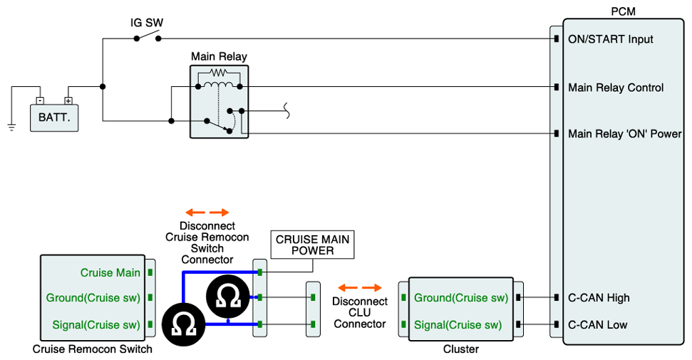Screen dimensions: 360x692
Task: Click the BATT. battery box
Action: [x=54, y=117]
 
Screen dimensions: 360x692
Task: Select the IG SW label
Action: [x=147, y=23]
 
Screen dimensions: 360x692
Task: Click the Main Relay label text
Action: [x=219, y=56]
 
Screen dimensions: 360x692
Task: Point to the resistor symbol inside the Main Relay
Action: [x=218, y=73]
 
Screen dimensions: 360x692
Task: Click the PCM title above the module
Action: [x=623, y=11]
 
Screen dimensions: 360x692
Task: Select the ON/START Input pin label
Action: [x=610, y=38]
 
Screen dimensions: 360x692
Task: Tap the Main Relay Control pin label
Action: [x=616, y=88]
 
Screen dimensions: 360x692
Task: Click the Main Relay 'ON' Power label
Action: [x=624, y=133]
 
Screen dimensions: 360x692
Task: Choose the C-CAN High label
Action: [x=599, y=298]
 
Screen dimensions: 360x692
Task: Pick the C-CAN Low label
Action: [x=597, y=325]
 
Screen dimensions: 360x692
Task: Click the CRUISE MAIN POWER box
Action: [x=313, y=245]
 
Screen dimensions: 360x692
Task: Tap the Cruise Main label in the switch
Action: [x=110, y=272]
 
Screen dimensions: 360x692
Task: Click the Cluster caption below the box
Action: [x=460, y=349]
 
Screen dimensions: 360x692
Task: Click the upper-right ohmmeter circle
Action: [x=228, y=297]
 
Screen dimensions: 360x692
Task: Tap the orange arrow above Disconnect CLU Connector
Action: [x=360, y=287]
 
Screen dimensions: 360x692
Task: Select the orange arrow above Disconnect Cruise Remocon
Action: [x=207, y=212]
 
